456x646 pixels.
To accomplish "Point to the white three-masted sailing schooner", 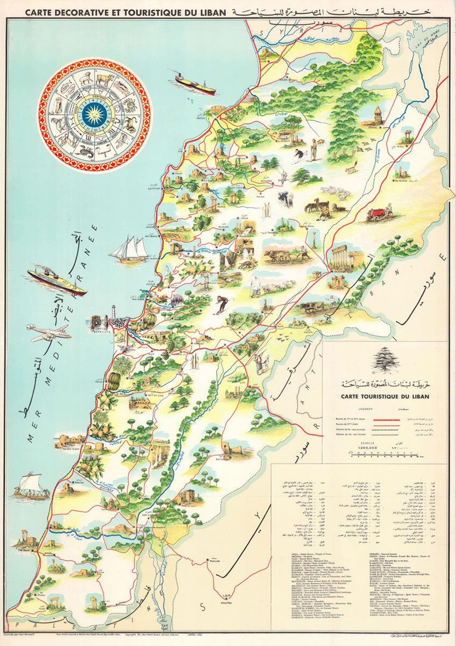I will [x=130, y=249].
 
